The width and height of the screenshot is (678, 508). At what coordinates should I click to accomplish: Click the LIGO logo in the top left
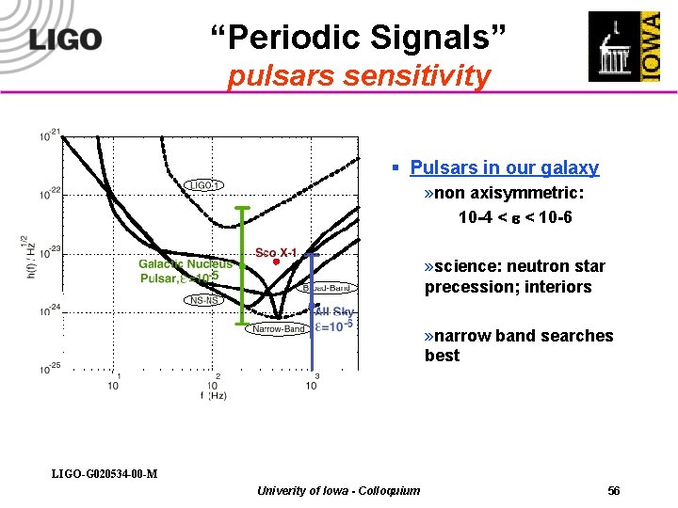pyautogui.click(x=64, y=40)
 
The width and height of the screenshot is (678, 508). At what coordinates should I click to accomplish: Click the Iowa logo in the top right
pyautogui.click(x=624, y=47)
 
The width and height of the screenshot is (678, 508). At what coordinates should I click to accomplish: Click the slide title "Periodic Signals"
pyautogui.click(x=358, y=38)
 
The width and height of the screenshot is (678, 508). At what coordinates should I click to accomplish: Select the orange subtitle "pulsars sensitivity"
pyautogui.click(x=359, y=75)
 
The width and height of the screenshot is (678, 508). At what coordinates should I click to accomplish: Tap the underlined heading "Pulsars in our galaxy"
pyautogui.click(x=504, y=167)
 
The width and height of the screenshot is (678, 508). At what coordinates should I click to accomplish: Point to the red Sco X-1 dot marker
pyautogui.click(x=276, y=262)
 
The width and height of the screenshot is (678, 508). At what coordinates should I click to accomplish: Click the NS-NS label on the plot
pyautogui.click(x=203, y=300)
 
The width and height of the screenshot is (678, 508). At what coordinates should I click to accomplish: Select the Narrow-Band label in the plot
pyautogui.click(x=277, y=329)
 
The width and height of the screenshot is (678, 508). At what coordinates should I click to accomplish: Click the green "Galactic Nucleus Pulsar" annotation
pyautogui.click(x=186, y=271)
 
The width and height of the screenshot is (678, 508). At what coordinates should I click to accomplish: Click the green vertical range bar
pyautogui.click(x=243, y=268)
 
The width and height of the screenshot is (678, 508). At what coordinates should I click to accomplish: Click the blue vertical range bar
pyautogui.click(x=314, y=310)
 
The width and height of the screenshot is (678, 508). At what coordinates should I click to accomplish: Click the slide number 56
pyautogui.click(x=614, y=491)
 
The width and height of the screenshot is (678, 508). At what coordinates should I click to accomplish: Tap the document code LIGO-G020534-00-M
pyautogui.click(x=105, y=472)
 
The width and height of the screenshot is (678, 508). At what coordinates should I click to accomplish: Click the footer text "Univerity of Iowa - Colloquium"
pyautogui.click(x=338, y=490)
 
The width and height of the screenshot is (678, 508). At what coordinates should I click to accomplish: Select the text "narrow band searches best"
pyautogui.click(x=518, y=345)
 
